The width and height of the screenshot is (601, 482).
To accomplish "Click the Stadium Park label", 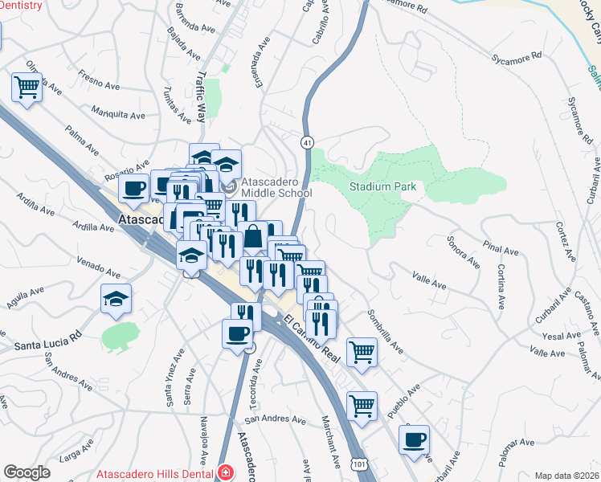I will click(x=382, y=186).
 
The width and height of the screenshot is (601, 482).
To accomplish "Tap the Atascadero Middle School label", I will click(x=273, y=187).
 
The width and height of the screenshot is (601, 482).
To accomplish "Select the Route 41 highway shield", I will click(x=307, y=142).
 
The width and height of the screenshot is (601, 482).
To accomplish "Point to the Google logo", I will click(x=27, y=472).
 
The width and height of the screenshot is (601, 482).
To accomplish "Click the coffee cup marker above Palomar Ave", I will click(x=414, y=439).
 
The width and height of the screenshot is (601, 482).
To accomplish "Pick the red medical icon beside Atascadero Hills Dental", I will click(x=226, y=472).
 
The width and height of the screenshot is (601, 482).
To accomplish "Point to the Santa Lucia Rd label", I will click(x=48, y=343).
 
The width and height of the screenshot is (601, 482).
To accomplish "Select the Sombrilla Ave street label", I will click(x=385, y=331).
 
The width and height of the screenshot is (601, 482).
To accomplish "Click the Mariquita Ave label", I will click(x=118, y=113).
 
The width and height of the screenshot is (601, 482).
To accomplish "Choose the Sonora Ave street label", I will click(x=464, y=251).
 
